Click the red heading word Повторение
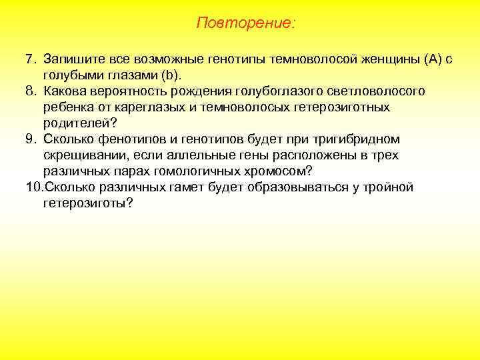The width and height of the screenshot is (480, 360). click(x=245, y=23)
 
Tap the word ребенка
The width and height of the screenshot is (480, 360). click(x=69, y=107)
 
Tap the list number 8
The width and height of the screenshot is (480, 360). click(x=31, y=91)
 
